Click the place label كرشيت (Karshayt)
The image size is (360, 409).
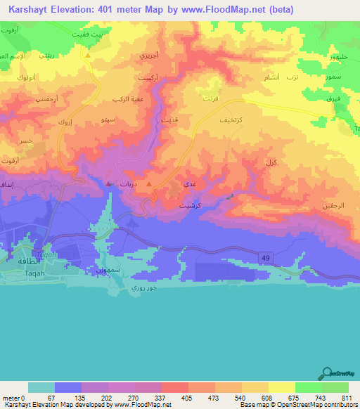point(189,207)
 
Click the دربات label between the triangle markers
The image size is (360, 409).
point(128,183)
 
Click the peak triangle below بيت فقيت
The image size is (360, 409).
point(88,54)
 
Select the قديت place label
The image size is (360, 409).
point(170,120)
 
